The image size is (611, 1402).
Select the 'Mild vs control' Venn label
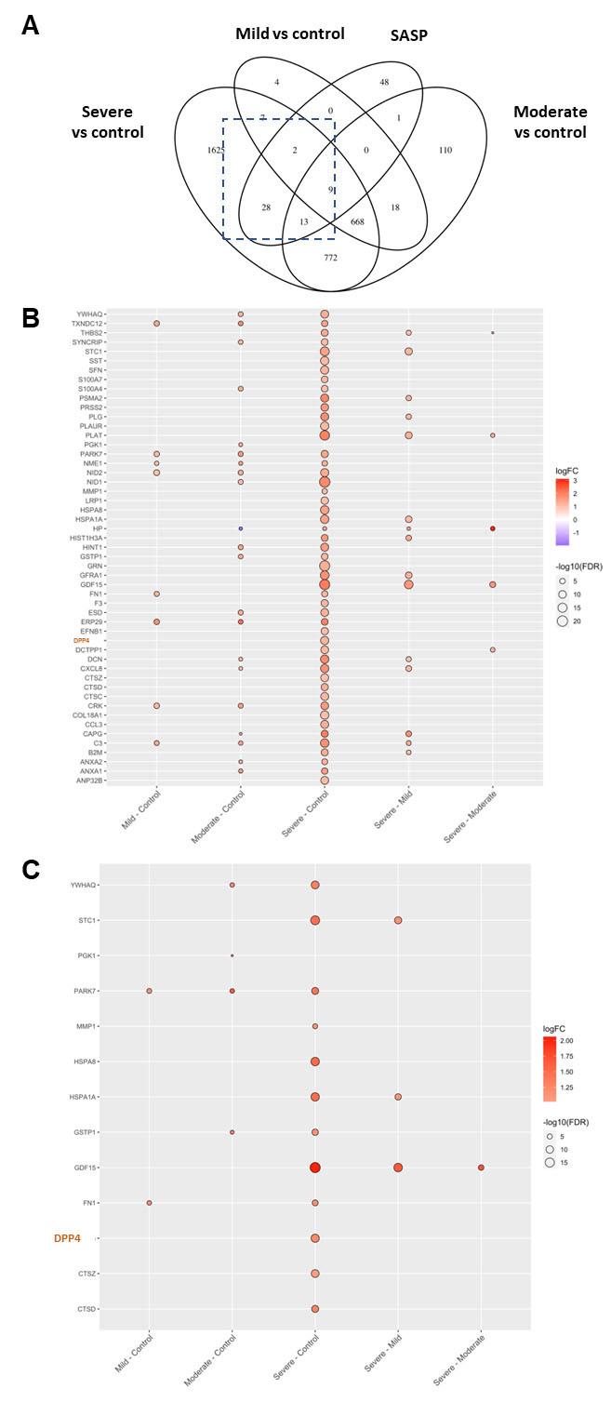(288, 33)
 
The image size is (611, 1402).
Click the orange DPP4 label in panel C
(67, 1238)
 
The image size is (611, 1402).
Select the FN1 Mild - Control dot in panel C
(149, 1203)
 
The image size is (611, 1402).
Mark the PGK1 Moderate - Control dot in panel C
(232, 955)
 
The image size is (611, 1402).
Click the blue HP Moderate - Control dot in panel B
(240, 528)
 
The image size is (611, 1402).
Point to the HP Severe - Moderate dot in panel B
(493, 528)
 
